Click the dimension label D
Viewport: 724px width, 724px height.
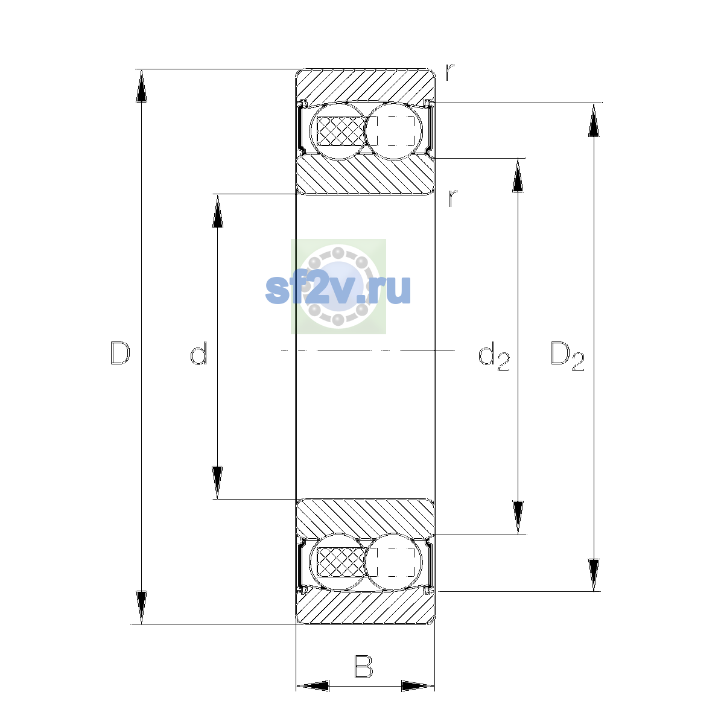(120, 353)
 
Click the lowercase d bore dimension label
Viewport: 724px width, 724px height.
(198, 353)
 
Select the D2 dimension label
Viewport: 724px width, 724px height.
(567, 357)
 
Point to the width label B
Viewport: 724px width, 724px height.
(363, 667)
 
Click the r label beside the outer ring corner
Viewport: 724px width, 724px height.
(449, 72)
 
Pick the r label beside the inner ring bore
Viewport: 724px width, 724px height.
(453, 198)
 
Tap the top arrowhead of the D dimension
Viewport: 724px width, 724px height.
(141, 86)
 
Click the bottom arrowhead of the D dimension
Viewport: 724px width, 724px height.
(141, 608)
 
